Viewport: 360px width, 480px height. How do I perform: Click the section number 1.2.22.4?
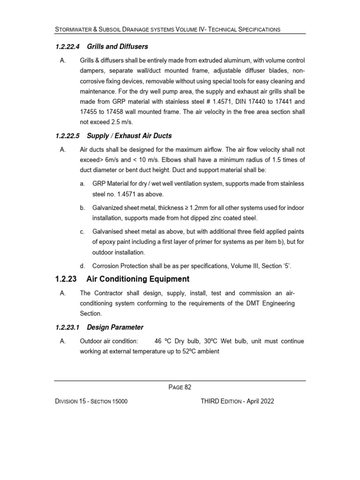point(67,46)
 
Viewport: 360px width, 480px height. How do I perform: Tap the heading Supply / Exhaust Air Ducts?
point(129,136)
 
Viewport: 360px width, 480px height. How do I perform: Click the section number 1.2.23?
point(66,279)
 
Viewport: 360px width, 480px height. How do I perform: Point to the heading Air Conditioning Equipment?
point(138,279)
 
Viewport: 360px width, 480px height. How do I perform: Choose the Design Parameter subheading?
point(115,327)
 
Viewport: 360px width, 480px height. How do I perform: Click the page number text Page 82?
point(180,387)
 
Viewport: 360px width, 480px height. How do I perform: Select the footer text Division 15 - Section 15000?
point(91,402)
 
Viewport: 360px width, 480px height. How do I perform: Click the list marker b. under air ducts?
point(82,207)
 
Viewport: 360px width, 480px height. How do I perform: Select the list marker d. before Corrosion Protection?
point(82,266)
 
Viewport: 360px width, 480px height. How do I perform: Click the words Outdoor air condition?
point(109,341)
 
